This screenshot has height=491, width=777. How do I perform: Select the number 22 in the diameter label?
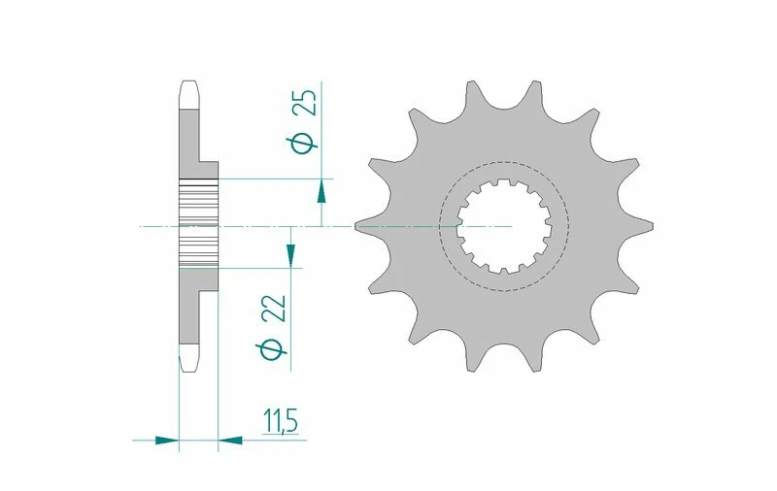tap(276, 308)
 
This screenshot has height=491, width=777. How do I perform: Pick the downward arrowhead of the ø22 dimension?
tap(289, 255)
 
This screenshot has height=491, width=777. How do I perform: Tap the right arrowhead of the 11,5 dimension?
tap(230, 440)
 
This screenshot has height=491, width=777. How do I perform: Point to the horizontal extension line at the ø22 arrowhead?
tap(262, 267)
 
